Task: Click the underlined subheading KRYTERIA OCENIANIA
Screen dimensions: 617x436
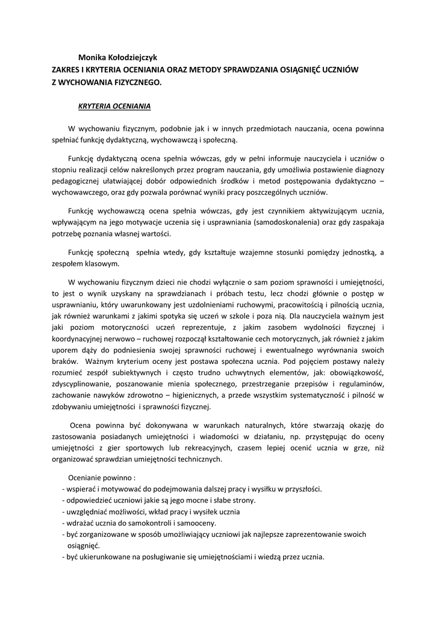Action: pos(114,107)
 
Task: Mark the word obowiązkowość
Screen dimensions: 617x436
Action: pos(360,373)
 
